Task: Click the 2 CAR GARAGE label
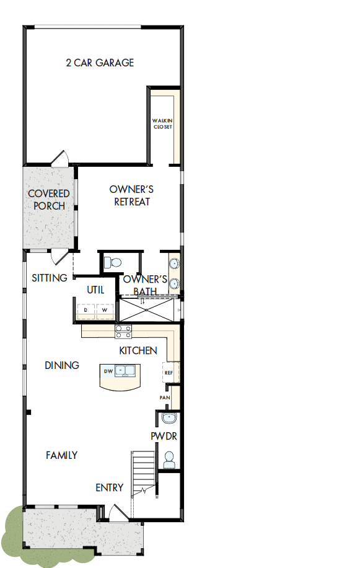point(100,63)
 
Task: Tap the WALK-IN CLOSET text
point(162,124)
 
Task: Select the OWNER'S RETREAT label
point(131,195)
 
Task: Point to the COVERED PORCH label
point(48,200)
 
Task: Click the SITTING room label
point(50,278)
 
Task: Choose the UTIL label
point(95,290)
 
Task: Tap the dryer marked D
point(86,309)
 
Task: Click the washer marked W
point(105,309)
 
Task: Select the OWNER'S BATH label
point(146,285)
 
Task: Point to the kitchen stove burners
point(123,332)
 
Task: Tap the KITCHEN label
point(138,350)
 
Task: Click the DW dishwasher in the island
point(108,371)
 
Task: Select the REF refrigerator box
point(169,373)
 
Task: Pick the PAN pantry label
point(165,397)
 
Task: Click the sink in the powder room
point(169,418)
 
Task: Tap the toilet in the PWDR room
point(168,459)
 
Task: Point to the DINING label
point(62,365)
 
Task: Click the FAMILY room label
point(62,455)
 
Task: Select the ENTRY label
point(109,488)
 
